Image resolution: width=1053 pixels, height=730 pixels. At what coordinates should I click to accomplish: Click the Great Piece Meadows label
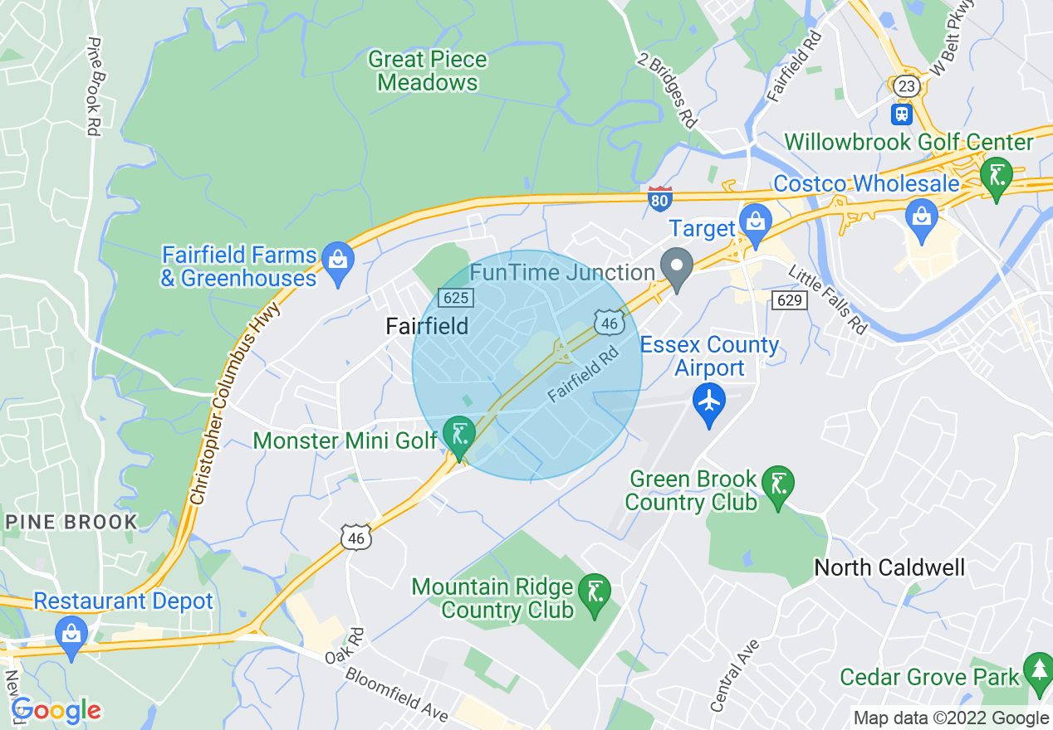point(427,71)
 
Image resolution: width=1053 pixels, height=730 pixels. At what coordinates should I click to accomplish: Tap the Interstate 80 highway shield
point(659,198)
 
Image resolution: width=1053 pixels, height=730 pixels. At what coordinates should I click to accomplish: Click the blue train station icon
point(902,113)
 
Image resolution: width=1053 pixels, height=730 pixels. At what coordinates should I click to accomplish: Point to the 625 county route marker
point(456,297)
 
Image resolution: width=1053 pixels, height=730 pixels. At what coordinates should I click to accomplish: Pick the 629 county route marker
point(788,299)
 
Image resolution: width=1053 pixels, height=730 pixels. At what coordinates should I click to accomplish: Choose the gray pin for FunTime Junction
point(677,267)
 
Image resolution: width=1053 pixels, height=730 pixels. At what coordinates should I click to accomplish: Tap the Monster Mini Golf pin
point(458,435)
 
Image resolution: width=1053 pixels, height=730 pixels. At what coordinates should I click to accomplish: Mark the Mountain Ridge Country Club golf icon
point(594,592)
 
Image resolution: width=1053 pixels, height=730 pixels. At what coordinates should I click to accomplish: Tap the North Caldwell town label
point(889,568)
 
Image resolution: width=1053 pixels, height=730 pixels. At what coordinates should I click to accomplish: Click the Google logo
point(56,710)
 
